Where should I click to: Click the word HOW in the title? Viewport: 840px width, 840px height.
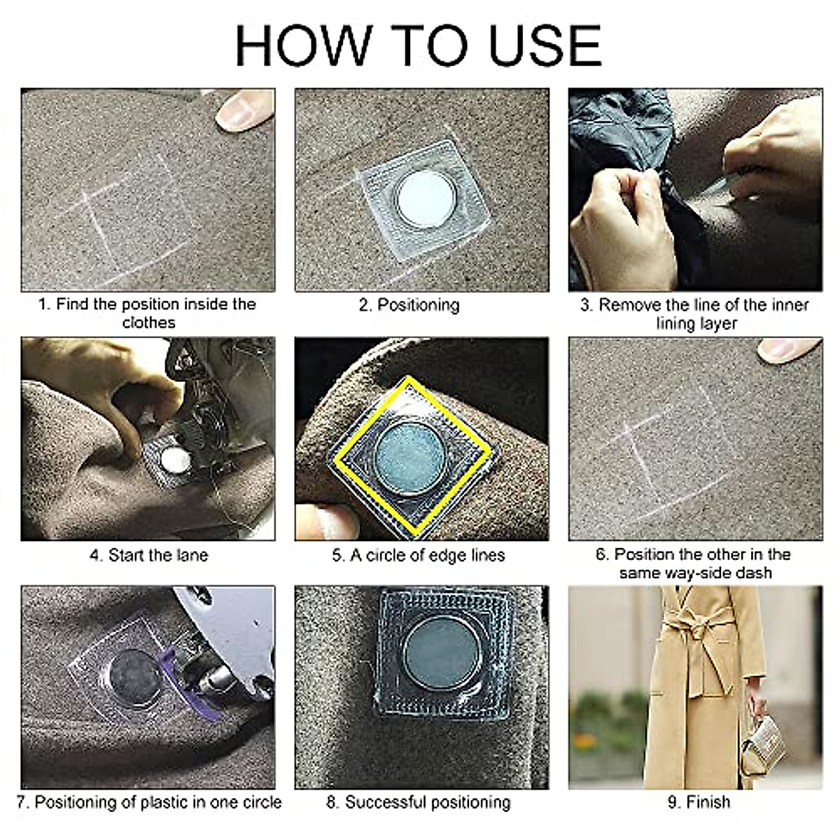point(302,45)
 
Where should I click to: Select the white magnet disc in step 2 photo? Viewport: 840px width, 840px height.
point(425,199)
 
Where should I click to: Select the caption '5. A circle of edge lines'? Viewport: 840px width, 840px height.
point(419,556)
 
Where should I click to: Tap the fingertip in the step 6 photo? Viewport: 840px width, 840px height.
point(787,349)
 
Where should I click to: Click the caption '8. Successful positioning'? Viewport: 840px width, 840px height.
point(419,802)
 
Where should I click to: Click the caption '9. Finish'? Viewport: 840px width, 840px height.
point(699,802)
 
